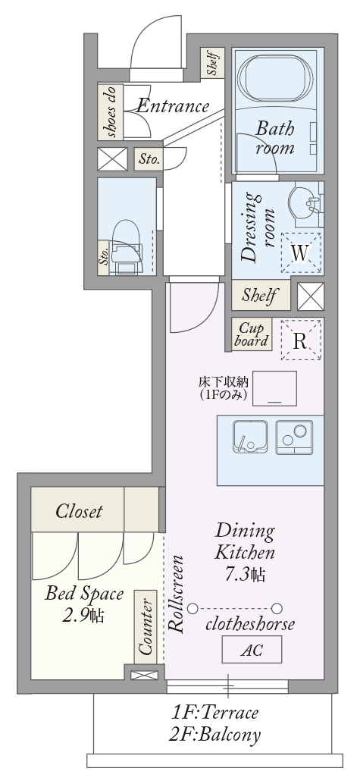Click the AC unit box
252,650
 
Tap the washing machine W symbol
300,253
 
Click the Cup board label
252,335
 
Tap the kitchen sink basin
250,437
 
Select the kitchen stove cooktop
295,437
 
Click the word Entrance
173,105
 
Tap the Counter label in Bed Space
145,626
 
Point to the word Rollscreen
177,594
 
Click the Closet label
79,511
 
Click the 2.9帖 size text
83,615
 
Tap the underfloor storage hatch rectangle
274,388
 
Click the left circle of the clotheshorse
193,609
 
